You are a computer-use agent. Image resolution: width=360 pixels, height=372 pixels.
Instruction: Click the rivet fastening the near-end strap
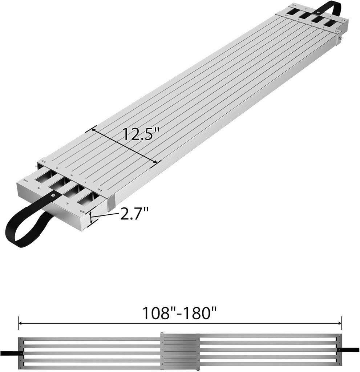[x=54, y=196]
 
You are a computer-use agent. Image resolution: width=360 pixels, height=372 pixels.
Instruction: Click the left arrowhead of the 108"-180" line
[x=20, y=323]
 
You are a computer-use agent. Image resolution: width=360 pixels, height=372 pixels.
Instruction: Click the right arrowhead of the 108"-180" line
[x=340, y=323]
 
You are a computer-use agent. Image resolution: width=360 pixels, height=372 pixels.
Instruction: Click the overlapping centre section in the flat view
[x=179, y=352]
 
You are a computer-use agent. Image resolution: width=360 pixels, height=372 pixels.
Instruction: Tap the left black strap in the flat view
[x=10, y=353]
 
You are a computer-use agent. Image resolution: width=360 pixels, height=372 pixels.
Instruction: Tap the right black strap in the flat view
[x=349, y=350]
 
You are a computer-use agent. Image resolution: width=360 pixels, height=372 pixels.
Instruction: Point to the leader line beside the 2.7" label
[x=107, y=216]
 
